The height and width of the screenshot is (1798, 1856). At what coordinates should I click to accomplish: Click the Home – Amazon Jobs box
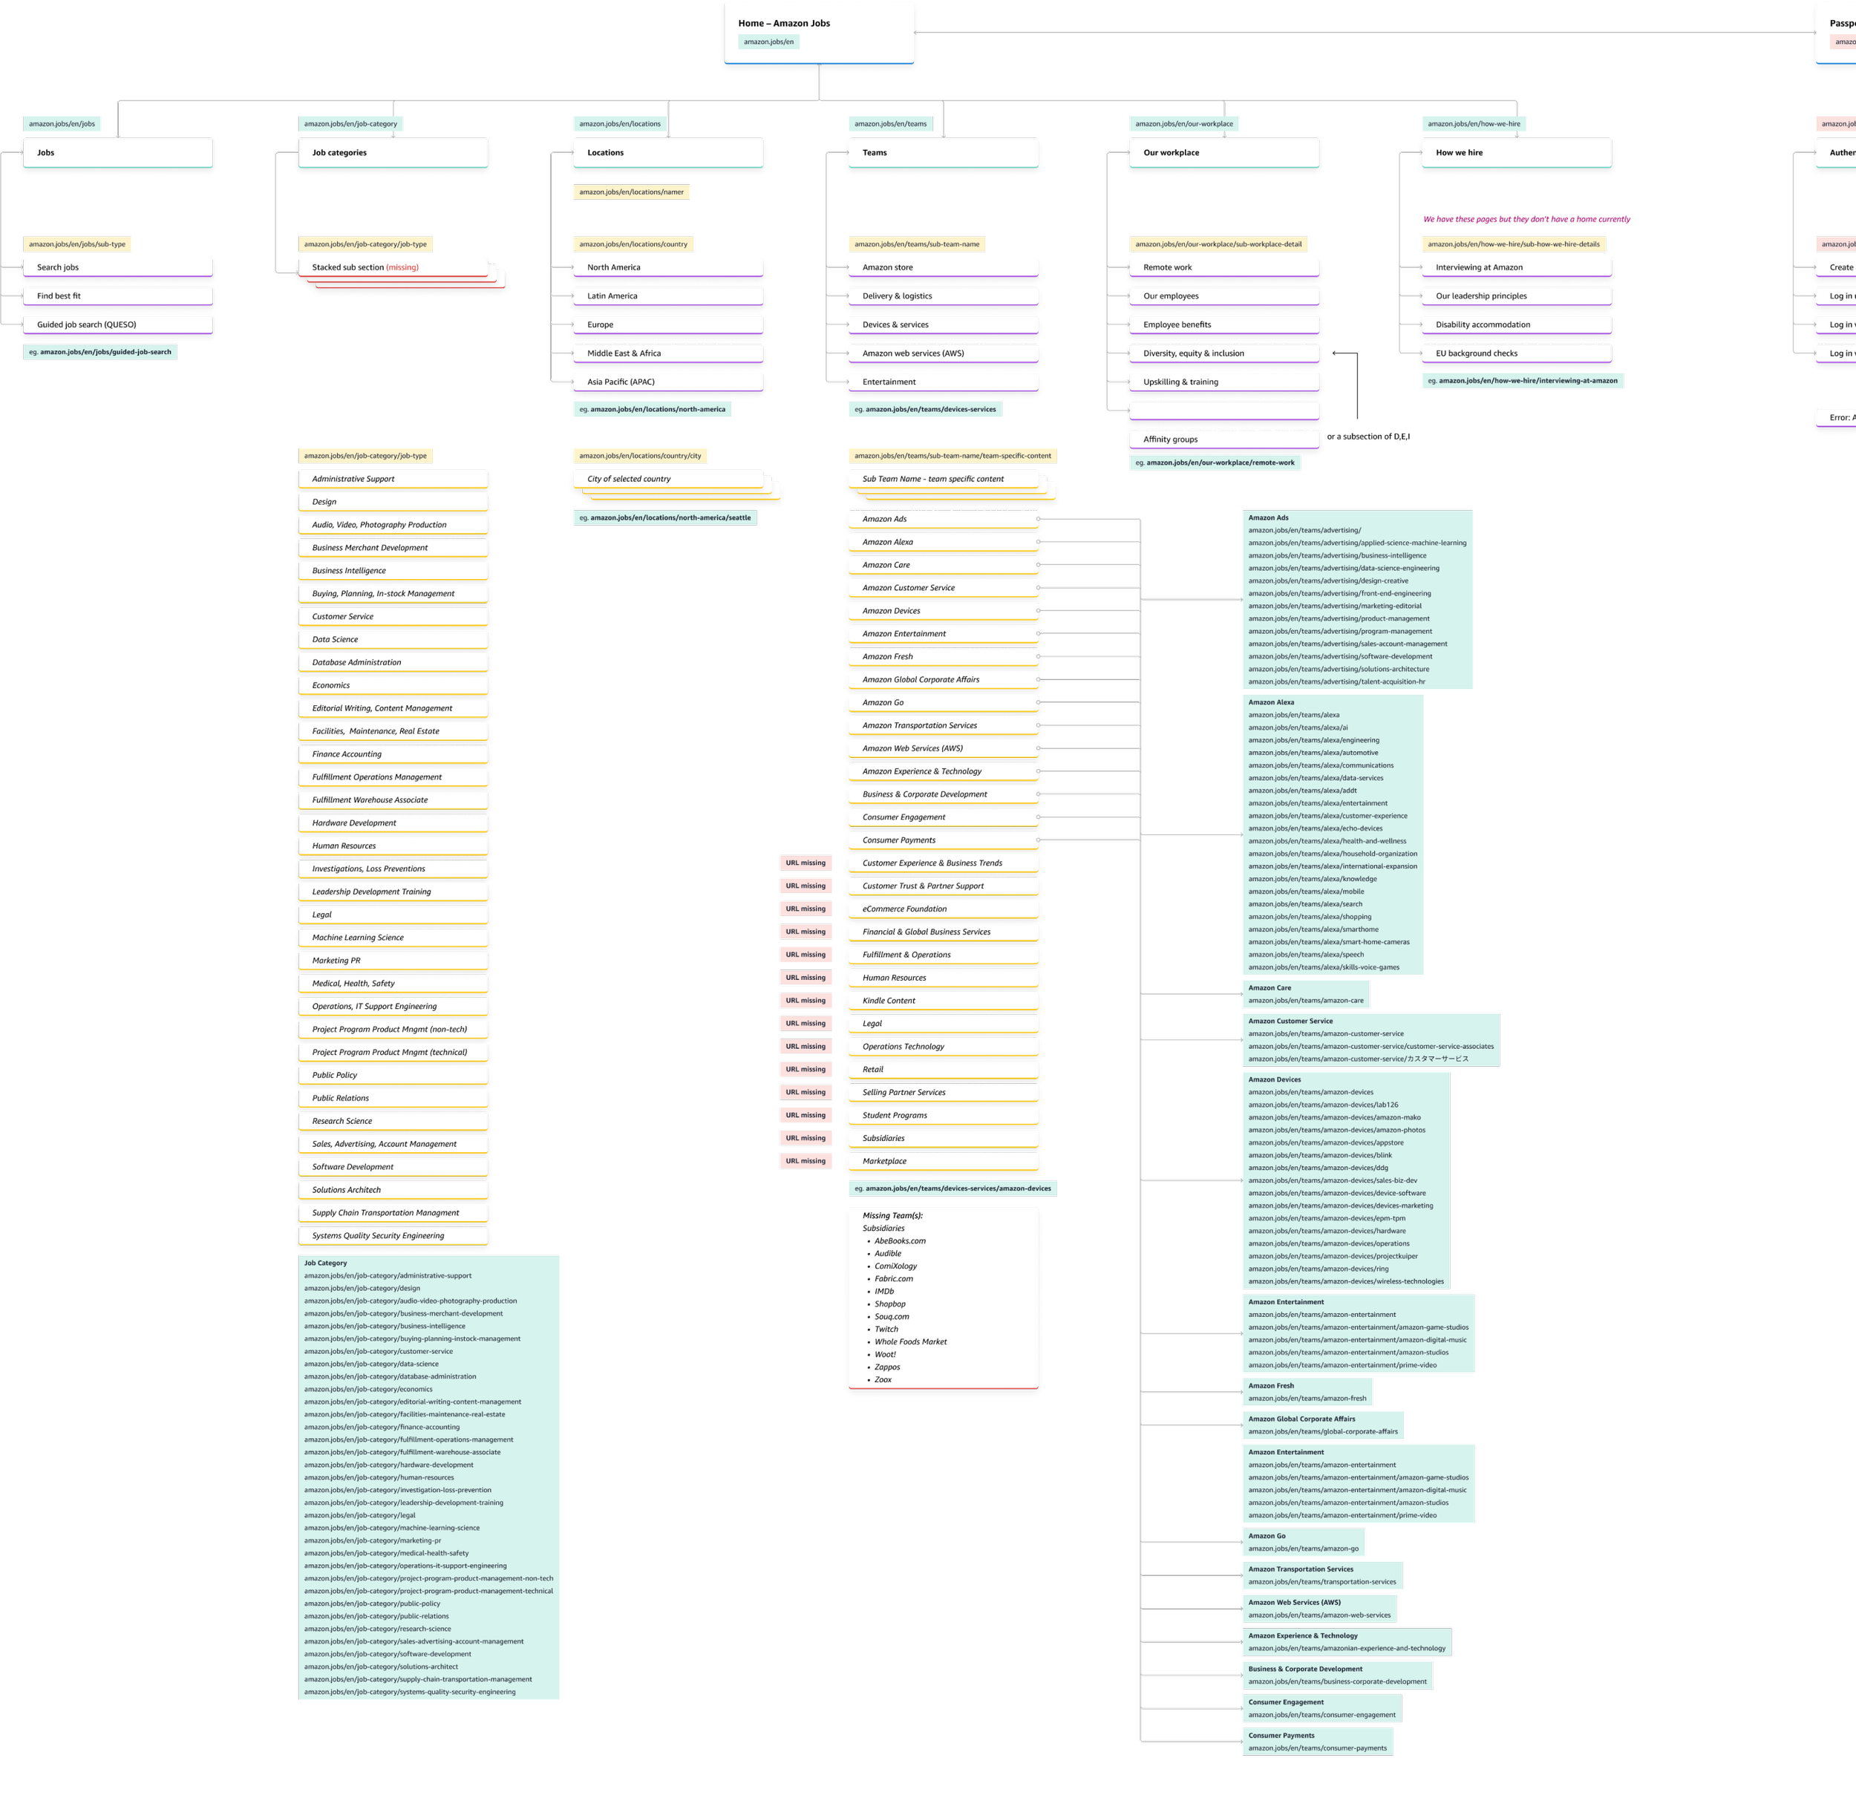pos(819,32)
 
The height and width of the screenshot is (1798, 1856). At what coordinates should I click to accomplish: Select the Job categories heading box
pos(393,152)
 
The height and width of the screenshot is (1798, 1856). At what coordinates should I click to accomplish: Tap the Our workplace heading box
pos(1223,152)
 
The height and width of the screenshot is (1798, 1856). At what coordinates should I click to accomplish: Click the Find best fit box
pos(118,296)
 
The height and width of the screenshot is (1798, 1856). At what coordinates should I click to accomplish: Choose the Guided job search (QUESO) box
pos(118,324)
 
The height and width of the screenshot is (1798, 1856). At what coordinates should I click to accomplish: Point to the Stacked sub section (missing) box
pos(393,268)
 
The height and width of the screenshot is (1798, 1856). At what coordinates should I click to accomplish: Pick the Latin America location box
pos(667,296)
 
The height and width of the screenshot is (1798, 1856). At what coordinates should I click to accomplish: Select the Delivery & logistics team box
pos(943,296)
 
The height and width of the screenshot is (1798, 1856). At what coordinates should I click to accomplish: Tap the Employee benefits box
pos(1223,324)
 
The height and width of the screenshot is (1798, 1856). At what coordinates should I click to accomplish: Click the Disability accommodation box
pos(1516,324)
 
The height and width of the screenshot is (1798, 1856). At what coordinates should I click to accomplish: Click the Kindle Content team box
pos(943,1001)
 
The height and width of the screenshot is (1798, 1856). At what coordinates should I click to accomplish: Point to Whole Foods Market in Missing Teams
pos(910,1341)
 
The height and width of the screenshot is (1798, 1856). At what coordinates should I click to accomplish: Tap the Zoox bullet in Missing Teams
pos(883,1379)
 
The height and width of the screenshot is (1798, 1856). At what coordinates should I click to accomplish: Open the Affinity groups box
pos(1223,439)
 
